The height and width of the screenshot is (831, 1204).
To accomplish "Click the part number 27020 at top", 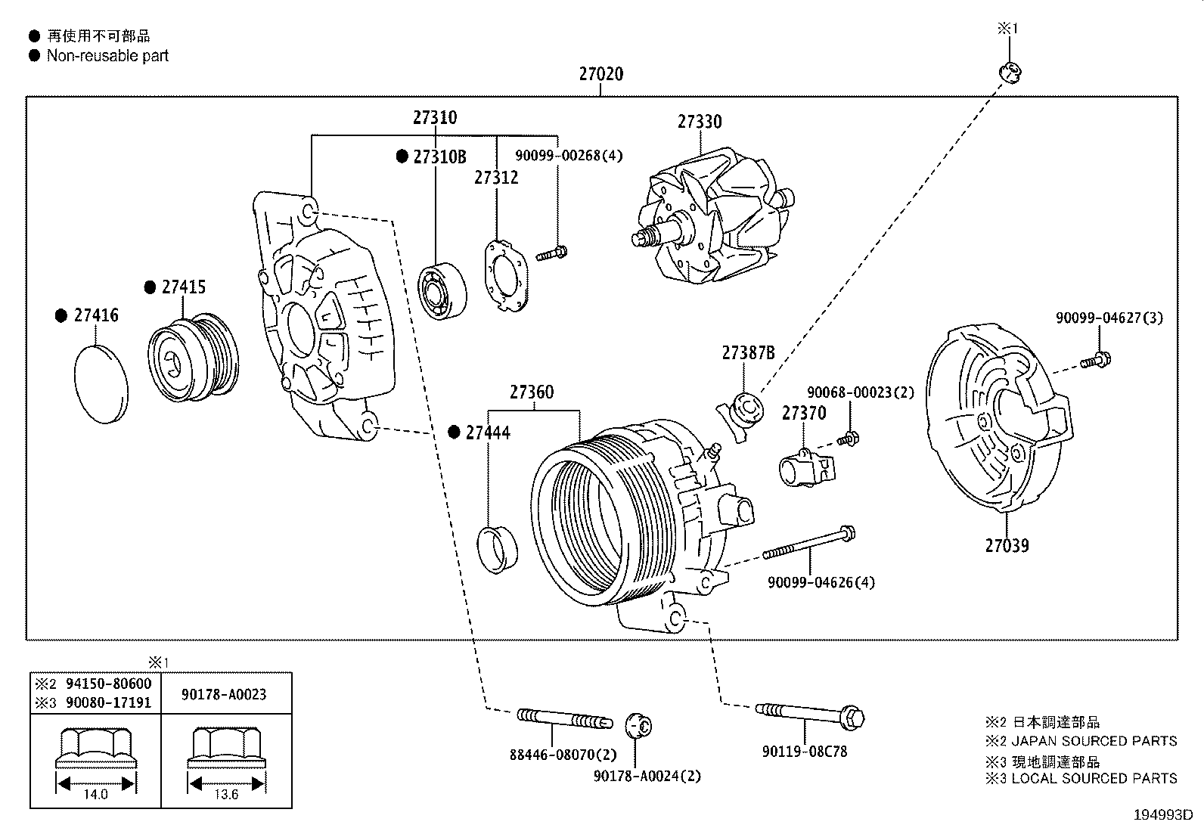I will point(601,74).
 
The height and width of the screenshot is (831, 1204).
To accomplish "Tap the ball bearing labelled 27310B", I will point(442,290).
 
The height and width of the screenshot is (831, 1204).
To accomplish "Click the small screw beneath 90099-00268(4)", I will point(552,253).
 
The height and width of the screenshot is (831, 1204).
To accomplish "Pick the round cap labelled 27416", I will point(101,383).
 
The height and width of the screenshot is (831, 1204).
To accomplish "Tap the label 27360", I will point(531,392).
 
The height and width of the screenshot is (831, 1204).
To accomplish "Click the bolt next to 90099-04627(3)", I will point(1095,361).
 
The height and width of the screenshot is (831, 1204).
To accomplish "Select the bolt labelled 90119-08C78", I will point(809,713).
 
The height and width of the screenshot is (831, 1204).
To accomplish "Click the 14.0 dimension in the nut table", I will point(95,794).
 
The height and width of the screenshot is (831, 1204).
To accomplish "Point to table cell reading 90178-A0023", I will point(224,694).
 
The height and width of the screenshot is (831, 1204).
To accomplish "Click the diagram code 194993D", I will point(1162,815).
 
